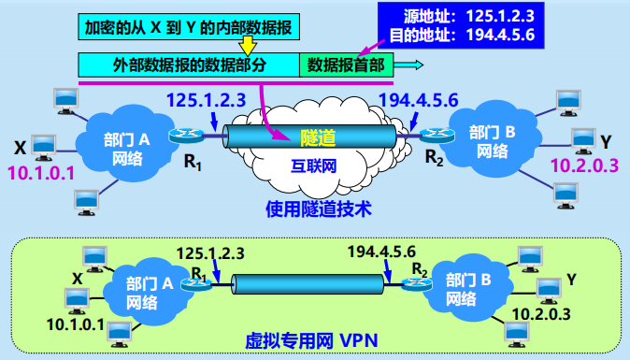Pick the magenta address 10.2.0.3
point(585,166)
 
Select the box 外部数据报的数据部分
point(188,65)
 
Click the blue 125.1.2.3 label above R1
point(205,98)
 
